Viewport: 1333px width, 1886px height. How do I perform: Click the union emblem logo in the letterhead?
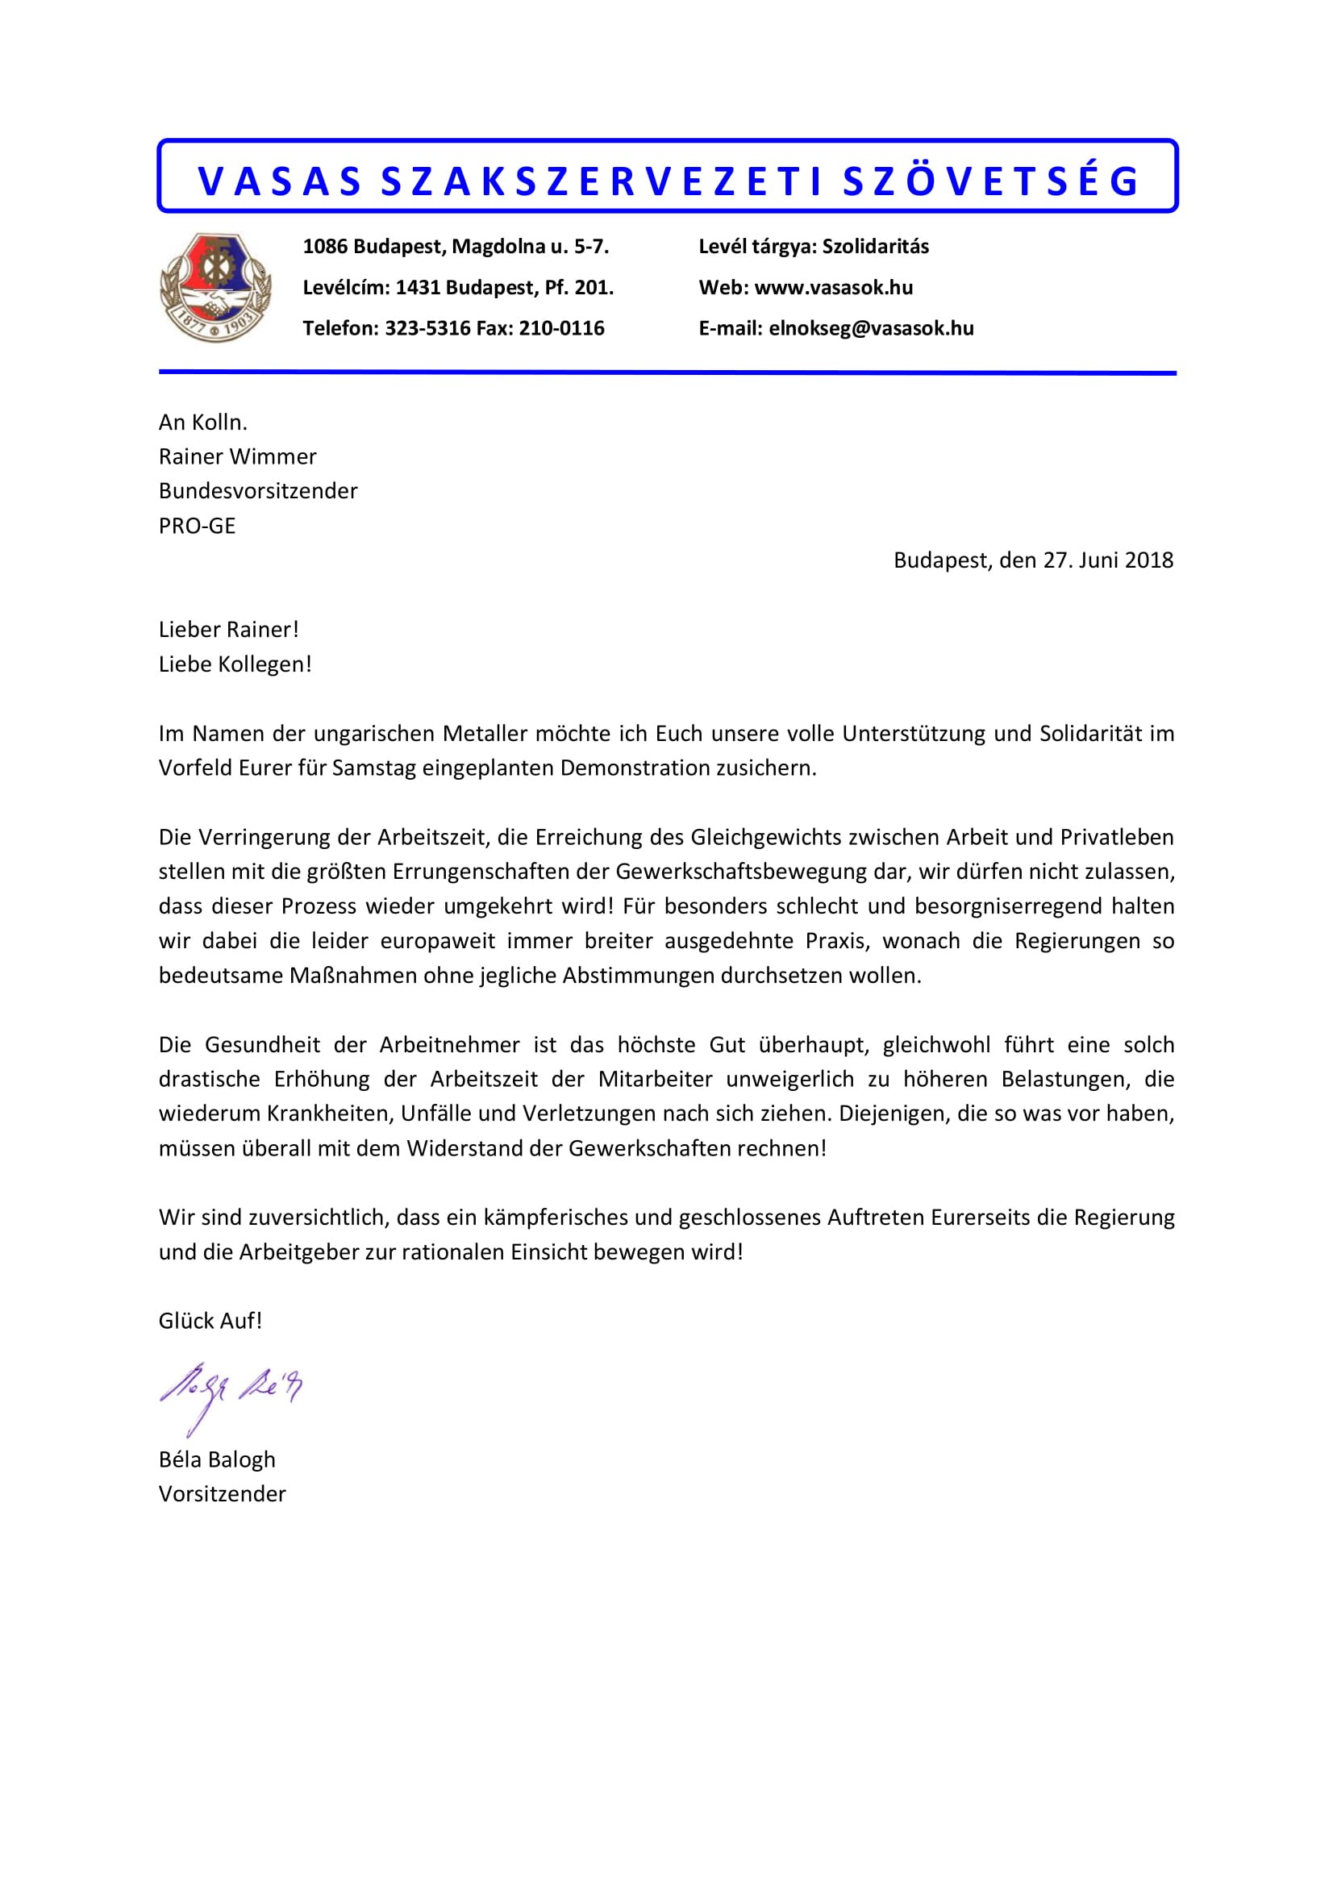215,287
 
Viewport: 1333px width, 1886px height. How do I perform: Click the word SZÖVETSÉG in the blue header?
990,181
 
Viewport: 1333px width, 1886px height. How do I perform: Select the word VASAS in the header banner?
280,181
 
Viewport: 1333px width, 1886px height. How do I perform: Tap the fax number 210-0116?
561,328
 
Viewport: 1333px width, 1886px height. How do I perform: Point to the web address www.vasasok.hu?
833,288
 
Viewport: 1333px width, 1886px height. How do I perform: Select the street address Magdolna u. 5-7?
531,247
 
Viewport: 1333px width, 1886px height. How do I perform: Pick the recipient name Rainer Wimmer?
237,456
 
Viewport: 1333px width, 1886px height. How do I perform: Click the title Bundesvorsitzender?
258,491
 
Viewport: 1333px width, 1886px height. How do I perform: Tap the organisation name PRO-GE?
197,526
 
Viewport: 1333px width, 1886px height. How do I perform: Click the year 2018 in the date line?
1149,560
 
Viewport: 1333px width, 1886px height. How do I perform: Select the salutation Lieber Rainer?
228,629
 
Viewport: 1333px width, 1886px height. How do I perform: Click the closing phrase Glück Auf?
210,1321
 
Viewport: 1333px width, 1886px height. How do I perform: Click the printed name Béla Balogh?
217,1459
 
